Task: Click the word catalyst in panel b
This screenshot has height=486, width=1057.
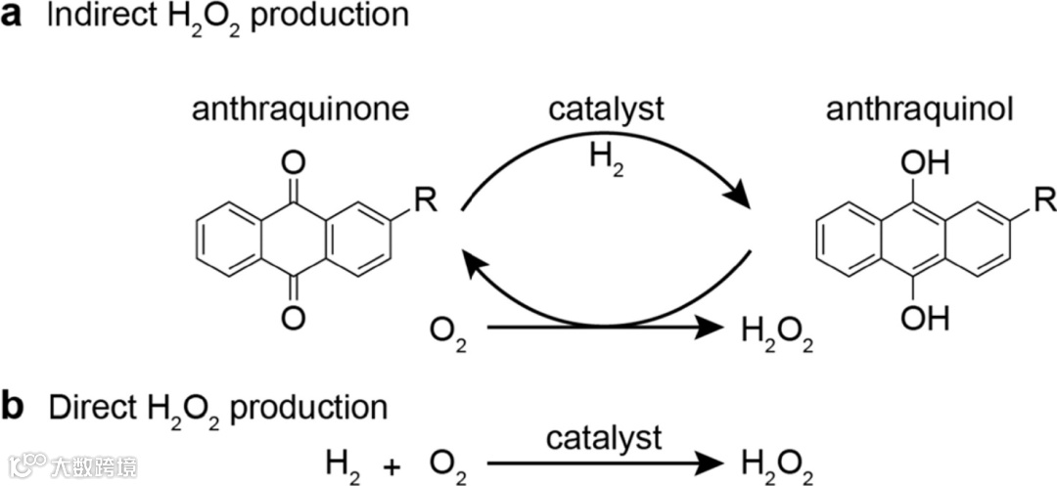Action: point(604,438)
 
